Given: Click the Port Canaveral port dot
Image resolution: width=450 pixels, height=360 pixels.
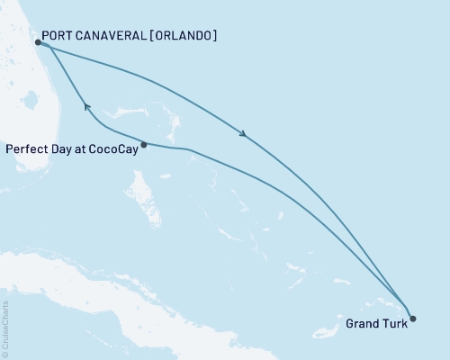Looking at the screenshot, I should pyautogui.click(x=37, y=41).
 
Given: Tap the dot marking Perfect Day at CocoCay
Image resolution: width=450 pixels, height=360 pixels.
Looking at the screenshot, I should pyautogui.click(x=144, y=144).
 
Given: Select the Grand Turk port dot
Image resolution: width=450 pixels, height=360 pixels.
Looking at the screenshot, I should pyautogui.click(x=413, y=318).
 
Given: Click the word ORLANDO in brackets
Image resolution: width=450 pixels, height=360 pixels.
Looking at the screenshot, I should pyautogui.click(x=183, y=37).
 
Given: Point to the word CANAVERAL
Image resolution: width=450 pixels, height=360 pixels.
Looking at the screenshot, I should pyautogui.click(x=112, y=37).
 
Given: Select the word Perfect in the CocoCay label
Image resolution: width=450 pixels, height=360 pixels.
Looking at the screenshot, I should pyautogui.click(x=25, y=148).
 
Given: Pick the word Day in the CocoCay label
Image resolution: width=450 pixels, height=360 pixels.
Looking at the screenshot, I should pyautogui.click(x=60, y=148).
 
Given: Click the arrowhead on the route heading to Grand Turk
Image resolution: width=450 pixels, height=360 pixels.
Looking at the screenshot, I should pyautogui.click(x=244, y=135).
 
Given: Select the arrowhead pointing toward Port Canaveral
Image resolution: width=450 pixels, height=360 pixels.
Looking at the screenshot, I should pyautogui.click(x=87, y=106).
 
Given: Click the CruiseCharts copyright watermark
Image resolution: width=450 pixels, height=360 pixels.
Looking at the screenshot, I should pyautogui.click(x=4, y=329).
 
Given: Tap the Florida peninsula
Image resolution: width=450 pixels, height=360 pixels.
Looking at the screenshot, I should pyautogui.click(x=18, y=108).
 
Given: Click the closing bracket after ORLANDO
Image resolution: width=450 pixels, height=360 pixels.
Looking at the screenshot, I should pyautogui.click(x=214, y=37).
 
